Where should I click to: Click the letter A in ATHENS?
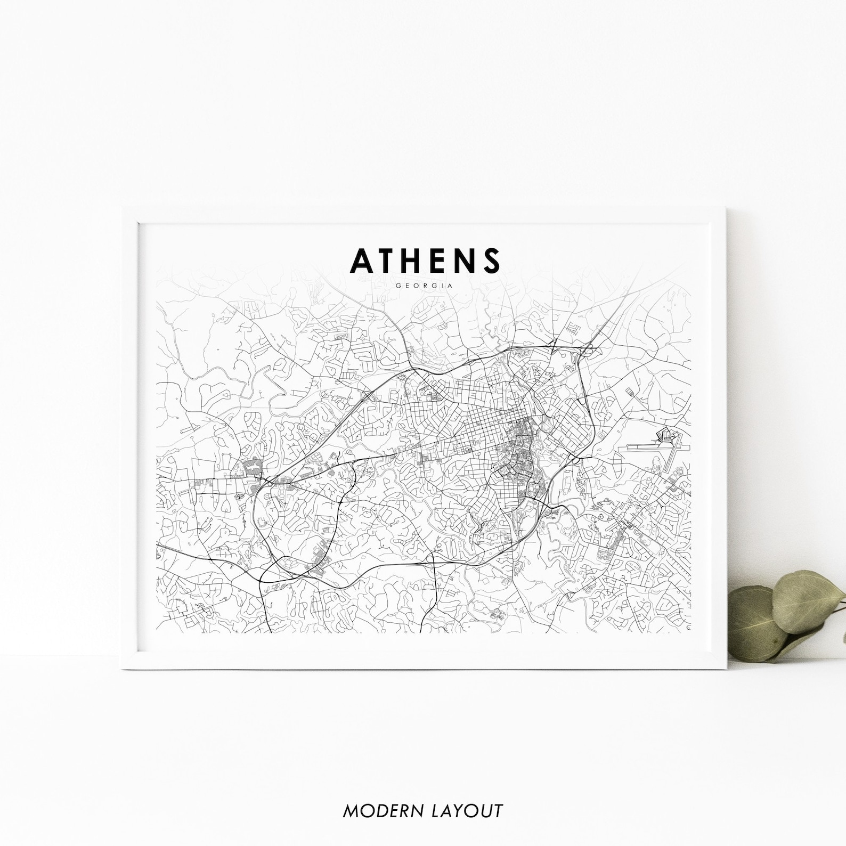[x=361, y=260]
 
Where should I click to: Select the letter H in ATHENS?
[x=418, y=260]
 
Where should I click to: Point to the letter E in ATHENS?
[x=443, y=260]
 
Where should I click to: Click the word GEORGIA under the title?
[x=425, y=286]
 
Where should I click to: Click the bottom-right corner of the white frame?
[x=726, y=668]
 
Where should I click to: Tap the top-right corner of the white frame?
[x=726, y=209]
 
